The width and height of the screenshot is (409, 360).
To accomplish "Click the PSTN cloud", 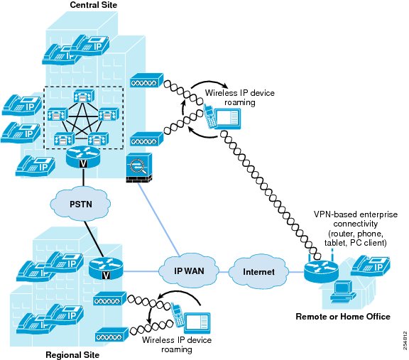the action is (80, 204).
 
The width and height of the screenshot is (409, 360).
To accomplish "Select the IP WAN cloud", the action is (189, 271).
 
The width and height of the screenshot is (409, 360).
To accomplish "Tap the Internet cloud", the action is (258, 272).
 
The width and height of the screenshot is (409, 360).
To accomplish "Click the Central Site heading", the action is (94, 5).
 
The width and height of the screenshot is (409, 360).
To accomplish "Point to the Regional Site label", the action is (72, 355).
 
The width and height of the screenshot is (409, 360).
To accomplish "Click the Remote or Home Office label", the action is (343, 317).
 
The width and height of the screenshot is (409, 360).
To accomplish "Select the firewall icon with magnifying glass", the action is (138, 168).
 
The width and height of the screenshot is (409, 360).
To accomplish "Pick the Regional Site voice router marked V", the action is (106, 268).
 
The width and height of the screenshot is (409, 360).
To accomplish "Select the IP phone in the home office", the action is (371, 266).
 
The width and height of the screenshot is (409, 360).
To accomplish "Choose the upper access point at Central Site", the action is (146, 80).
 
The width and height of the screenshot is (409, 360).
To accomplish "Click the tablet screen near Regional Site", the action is (197, 323).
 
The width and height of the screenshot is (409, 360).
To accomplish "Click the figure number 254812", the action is (405, 340).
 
